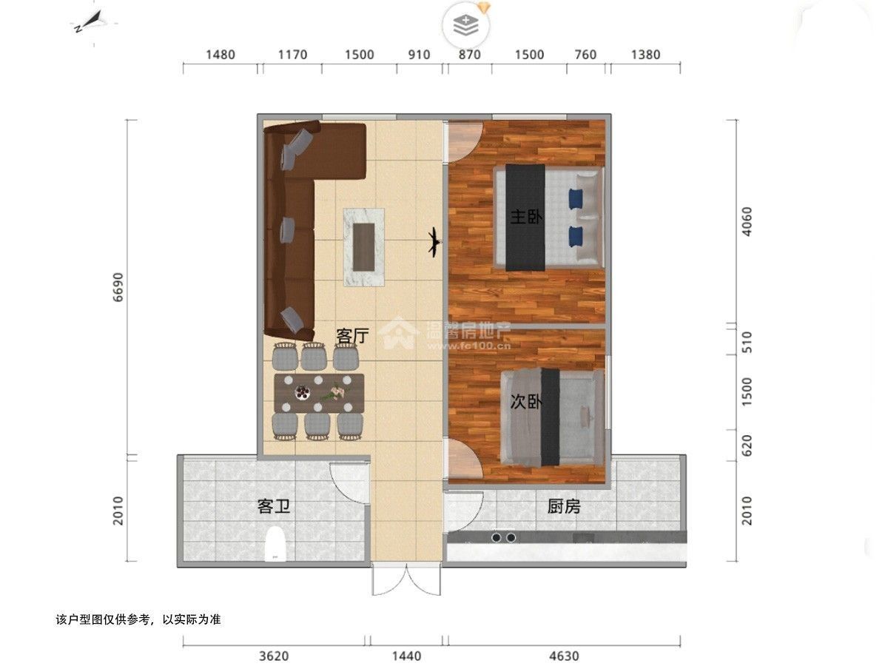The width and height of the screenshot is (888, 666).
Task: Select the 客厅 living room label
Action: point(353,336)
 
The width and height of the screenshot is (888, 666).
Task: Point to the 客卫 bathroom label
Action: point(274,506)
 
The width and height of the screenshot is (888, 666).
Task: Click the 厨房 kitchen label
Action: point(564,506)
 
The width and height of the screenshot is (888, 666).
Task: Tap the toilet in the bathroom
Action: point(275,544)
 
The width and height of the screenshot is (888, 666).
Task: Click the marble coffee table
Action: point(364,247)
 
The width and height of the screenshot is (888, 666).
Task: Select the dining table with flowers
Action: point(319,394)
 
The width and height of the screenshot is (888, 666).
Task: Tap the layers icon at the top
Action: point(466,25)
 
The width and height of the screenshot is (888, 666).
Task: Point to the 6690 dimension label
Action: point(118,287)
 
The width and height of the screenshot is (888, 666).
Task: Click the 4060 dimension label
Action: point(747,221)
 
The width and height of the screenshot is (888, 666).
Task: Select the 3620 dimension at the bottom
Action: point(274,656)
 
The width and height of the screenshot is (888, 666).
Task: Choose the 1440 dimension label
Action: point(406,656)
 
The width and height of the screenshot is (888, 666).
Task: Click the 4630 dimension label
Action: point(564,656)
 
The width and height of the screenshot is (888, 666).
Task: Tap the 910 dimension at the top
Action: point(419,55)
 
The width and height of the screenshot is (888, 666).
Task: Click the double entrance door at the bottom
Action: point(406,580)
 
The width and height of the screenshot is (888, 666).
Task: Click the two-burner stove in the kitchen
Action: point(504,537)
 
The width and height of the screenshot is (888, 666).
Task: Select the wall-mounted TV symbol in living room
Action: point(434,242)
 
